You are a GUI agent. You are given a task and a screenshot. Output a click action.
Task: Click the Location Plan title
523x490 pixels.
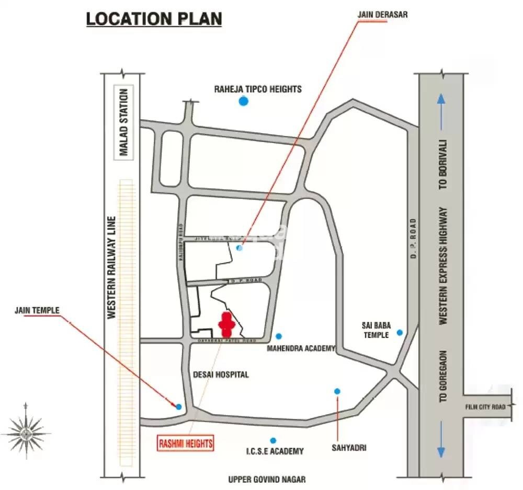[x=154, y=19]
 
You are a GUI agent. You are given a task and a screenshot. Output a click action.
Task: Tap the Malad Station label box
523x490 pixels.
[x=124, y=122]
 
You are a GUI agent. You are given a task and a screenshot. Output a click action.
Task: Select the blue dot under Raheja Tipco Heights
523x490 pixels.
[x=243, y=101]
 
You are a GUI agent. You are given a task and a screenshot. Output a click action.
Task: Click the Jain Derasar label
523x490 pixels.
[x=382, y=15]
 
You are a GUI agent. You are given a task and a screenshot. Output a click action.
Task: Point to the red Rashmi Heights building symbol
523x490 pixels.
[x=226, y=324]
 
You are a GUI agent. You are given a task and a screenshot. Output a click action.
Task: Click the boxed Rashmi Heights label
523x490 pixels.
[x=186, y=444]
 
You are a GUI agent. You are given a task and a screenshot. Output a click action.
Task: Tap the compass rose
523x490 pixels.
[x=26, y=432]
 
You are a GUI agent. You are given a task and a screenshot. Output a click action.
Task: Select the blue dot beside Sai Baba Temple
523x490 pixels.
[x=400, y=332]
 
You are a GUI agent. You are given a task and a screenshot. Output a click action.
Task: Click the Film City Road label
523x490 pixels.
[x=486, y=406]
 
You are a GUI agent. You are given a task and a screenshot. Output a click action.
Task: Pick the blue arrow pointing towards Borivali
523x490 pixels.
[x=442, y=112]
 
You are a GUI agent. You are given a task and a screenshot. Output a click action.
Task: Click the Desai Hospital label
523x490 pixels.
[x=221, y=375]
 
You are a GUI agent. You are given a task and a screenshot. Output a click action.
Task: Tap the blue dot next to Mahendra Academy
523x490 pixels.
[x=279, y=336]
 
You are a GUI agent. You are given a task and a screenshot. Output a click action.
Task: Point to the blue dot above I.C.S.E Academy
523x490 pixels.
[x=272, y=440]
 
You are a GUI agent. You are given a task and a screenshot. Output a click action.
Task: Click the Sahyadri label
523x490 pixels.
[x=348, y=448]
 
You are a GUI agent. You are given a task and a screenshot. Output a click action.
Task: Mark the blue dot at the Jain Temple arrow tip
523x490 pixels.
[x=179, y=406]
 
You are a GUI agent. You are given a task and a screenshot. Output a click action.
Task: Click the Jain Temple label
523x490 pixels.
[x=37, y=310]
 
